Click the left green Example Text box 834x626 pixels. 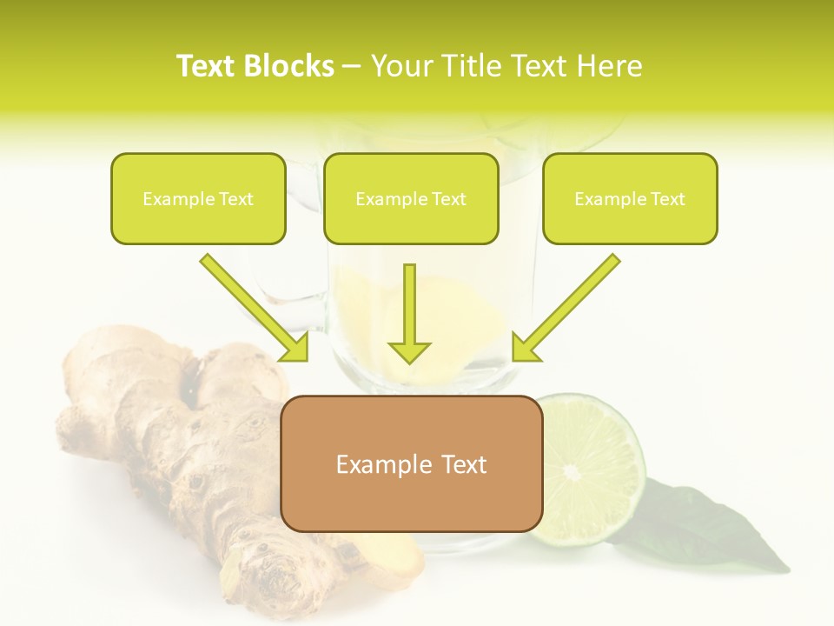tap(198, 199)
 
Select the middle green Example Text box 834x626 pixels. tap(411, 199)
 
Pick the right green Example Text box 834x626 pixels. tap(630, 199)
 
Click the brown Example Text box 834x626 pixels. tap(412, 464)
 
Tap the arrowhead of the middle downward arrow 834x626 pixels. tap(409, 351)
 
